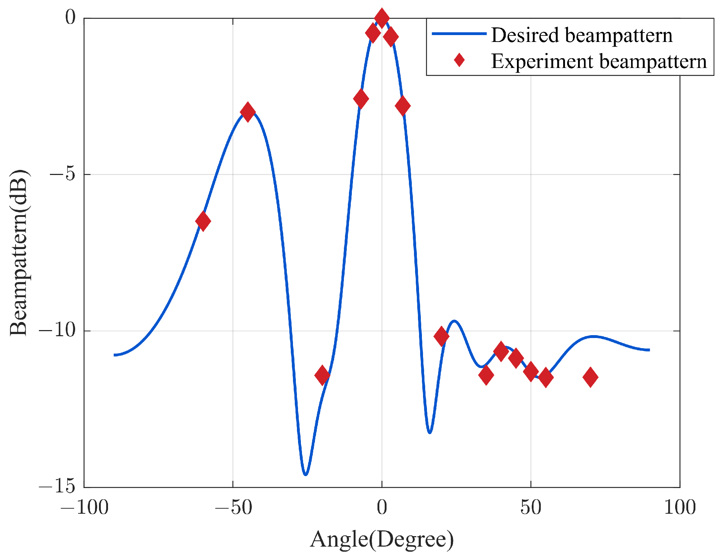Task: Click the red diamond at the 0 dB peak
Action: click(x=381, y=18)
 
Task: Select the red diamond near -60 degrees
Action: click(x=203, y=221)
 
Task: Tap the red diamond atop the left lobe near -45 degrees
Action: click(x=247, y=112)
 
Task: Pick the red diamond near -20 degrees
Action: click(x=322, y=375)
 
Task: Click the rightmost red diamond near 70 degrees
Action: click(x=590, y=377)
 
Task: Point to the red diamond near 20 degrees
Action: click(x=441, y=336)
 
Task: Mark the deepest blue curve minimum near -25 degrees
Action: click(x=306, y=474)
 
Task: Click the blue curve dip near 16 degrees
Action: click(x=430, y=432)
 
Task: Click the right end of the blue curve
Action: click(x=649, y=350)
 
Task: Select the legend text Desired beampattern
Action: click(x=582, y=35)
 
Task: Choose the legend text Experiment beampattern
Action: click(x=599, y=61)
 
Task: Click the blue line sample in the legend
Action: click(x=459, y=34)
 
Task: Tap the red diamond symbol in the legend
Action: click(x=459, y=60)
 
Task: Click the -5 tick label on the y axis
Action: click(x=62, y=174)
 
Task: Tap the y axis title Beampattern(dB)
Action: click(x=19, y=252)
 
